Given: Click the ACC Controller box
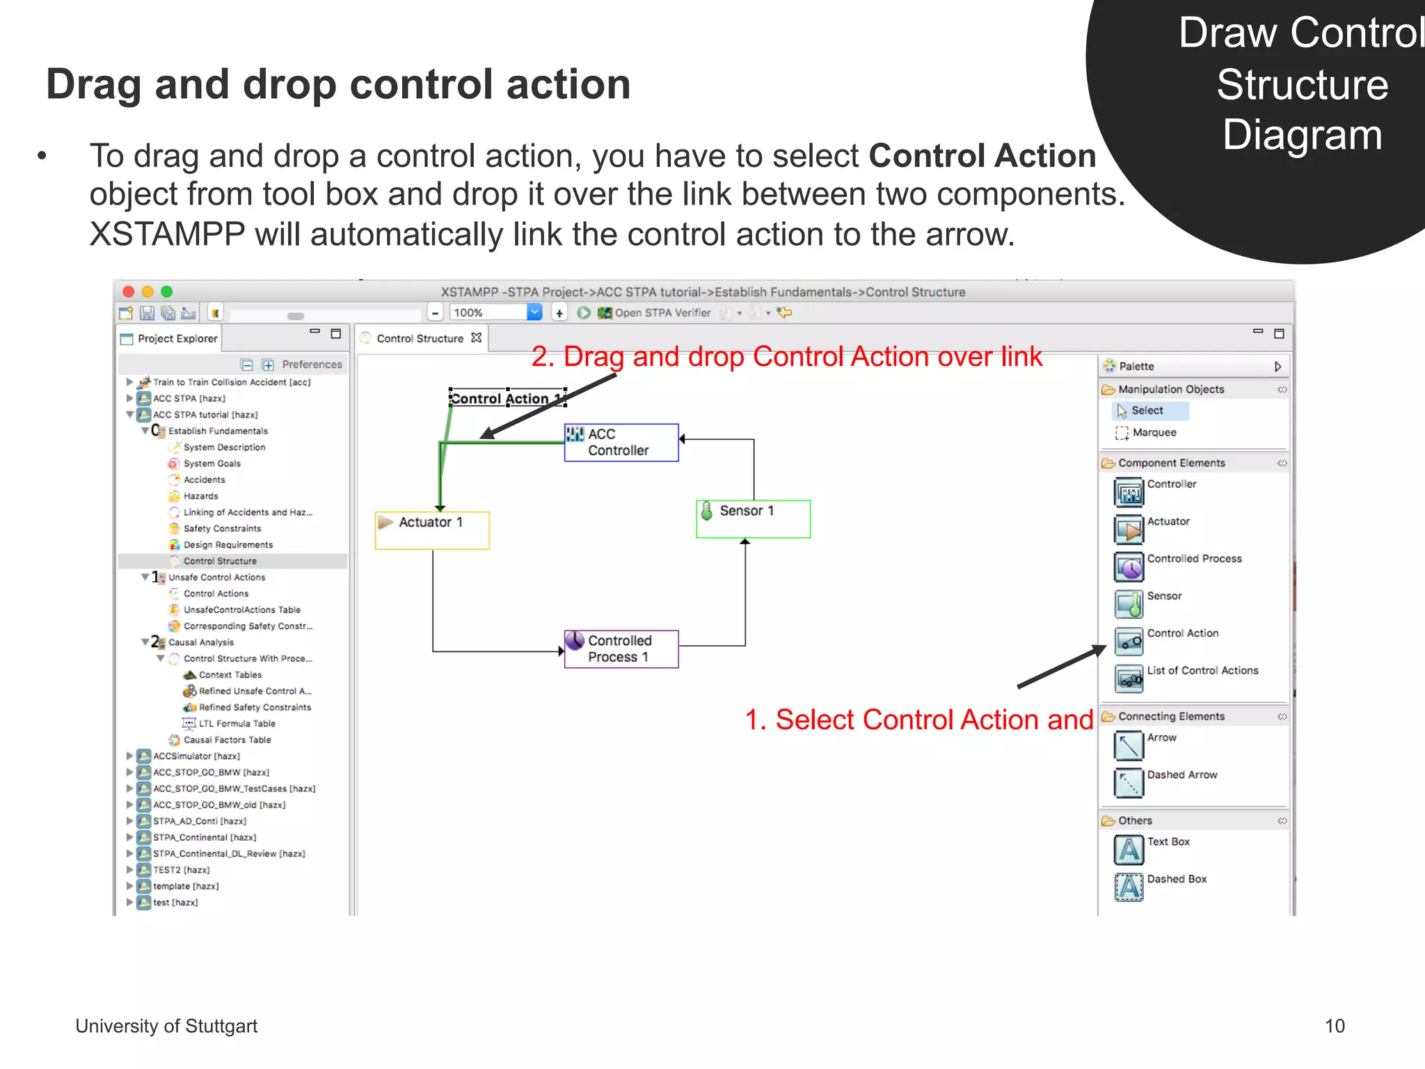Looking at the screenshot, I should point(621,443).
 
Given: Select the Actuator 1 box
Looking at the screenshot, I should point(432,530).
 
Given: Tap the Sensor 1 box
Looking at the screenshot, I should point(753,518).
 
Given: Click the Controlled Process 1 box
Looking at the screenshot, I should point(621,649).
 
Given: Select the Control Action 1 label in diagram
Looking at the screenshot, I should point(507,398).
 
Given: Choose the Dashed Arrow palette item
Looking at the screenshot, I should point(1181,775).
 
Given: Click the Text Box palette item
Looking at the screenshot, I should point(1168,842).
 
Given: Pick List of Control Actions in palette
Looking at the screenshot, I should point(1202,671).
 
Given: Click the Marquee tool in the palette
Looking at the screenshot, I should point(1154,433).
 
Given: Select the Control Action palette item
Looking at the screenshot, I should point(1182,633).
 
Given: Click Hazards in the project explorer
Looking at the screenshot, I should point(200,496).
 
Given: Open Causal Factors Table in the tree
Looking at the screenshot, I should point(227,740).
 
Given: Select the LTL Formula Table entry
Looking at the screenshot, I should point(237,724).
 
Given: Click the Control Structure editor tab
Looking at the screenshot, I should point(420,339).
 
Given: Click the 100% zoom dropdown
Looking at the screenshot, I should point(534,312).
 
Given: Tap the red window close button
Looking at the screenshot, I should point(128,292).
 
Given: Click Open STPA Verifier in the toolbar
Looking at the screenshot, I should point(662,313).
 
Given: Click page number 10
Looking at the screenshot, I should point(1334,1026).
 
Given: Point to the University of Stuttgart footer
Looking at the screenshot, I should point(166,1026).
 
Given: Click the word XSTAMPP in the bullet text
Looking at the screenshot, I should point(167,235).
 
